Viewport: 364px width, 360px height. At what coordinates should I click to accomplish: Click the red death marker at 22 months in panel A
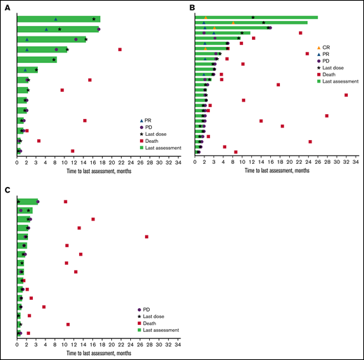tap(120, 49)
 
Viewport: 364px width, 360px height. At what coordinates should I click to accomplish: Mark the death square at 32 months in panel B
tap(346, 95)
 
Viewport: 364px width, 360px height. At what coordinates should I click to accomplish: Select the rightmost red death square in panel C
tap(147, 237)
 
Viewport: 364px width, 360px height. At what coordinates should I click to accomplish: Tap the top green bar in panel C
tap(27, 202)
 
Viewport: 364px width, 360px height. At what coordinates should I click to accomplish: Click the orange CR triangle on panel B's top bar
tap(205, 18)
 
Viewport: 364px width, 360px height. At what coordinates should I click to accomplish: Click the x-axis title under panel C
tap(98, 354)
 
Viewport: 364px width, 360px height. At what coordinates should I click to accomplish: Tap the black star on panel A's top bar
tap(94, 19)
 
